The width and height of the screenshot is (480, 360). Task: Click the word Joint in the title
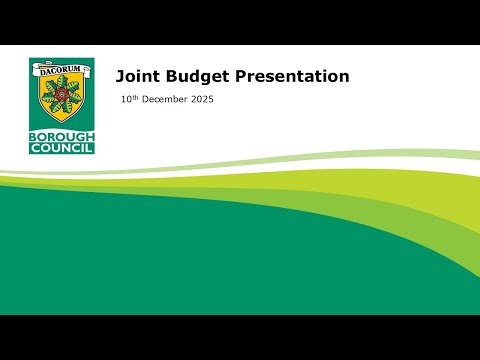coord(135,76)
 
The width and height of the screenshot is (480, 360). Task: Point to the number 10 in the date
coord(126,100)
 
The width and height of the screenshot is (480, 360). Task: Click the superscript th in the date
coord(136,97)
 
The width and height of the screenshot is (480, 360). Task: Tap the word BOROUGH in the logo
coord(62,135)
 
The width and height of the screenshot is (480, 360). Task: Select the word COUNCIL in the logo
coord(62,147)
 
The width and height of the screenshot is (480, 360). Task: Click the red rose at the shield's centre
coord(62,92)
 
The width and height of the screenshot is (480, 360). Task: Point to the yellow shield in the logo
coord(62,100)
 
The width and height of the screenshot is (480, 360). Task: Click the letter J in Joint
coord(120,76)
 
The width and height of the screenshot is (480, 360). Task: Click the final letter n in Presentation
coord(343,77)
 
